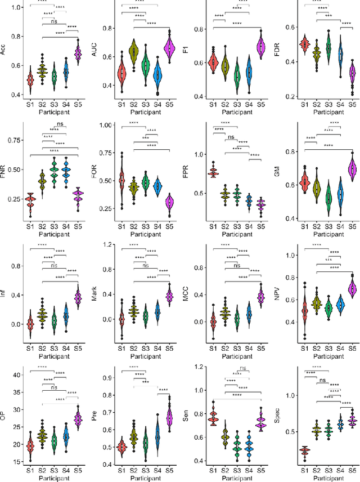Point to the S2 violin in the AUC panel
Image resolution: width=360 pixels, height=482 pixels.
(133, 55)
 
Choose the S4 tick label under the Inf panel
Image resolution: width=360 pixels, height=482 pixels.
(66, 349)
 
